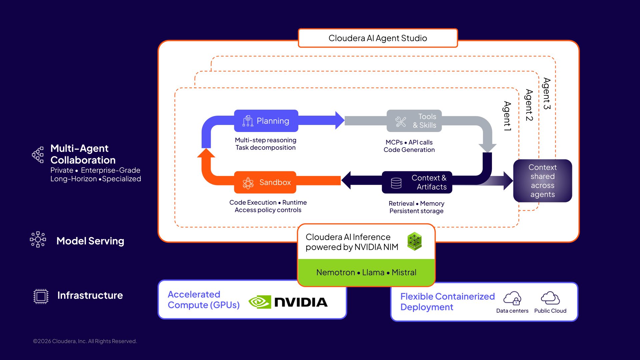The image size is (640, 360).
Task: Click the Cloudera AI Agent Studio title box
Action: coord(378,38)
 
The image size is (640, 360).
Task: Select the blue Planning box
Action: coord(266,121)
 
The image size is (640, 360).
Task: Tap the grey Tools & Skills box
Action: coord(414,121)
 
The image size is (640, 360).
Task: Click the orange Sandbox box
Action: coord(265,182)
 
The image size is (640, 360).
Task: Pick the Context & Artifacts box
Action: coord(417,182)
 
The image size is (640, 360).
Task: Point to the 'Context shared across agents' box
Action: coord(542,181)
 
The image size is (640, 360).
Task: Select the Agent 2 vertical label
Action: coord(529,105)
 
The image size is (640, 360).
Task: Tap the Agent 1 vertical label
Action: coord(507,116)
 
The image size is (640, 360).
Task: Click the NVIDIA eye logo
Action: coord(260,302)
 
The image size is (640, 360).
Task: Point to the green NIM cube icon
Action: coord(414,241)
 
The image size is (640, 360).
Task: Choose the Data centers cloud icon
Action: coord(512,298)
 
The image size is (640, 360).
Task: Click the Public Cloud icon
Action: coord(550,298)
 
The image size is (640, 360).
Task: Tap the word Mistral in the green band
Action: coord(404,272)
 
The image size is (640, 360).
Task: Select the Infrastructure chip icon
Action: coord(41,296)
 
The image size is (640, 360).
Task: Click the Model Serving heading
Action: coord(90,241)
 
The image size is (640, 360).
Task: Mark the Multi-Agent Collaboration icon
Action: coord(38,155)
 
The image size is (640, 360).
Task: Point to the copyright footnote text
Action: coord(85,341)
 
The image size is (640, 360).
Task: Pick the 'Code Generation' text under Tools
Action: coord(409,150)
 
